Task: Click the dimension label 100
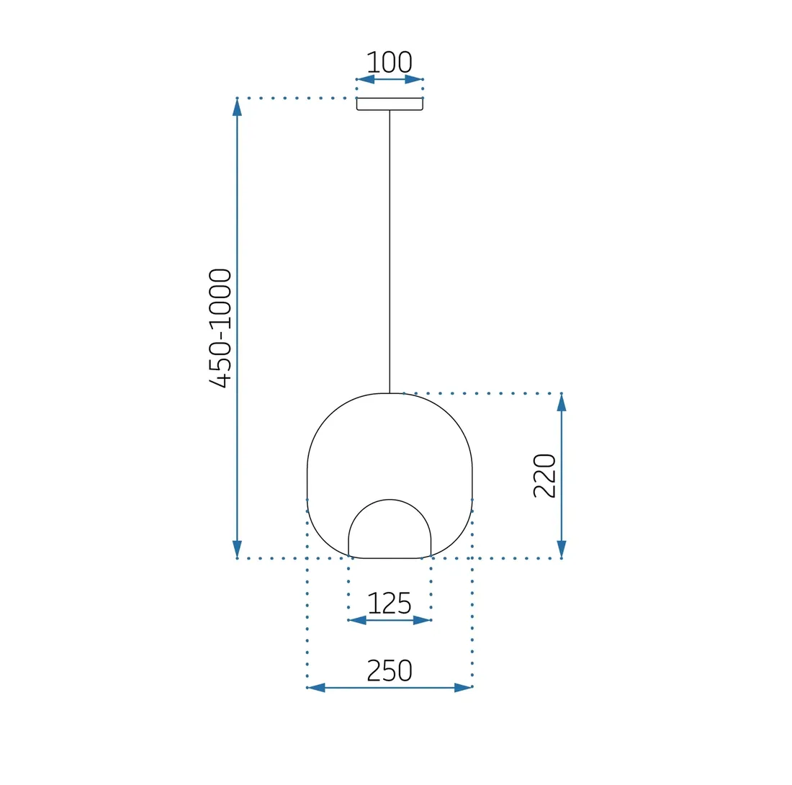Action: (x=389, y=62)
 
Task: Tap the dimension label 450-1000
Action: (x=220, y=328)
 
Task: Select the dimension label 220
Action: (x=544, y=475)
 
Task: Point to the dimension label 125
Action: (x=389, y=603)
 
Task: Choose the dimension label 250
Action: (x=389, y=670)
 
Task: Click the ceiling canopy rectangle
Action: (x=390, y=104)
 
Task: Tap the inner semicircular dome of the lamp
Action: (x=390, y=529)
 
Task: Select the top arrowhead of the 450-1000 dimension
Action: (x=237, y=107)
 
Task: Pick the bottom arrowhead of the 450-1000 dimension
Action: (x=237, y=549)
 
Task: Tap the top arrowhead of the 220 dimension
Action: (x=562, y=403)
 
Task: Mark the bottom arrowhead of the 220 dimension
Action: (x=562, y=549)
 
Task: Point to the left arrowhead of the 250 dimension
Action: (x=317, y=688)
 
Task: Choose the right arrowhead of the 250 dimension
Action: (x=462, y=688)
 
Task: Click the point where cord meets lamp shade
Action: (x=390, y=393)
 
